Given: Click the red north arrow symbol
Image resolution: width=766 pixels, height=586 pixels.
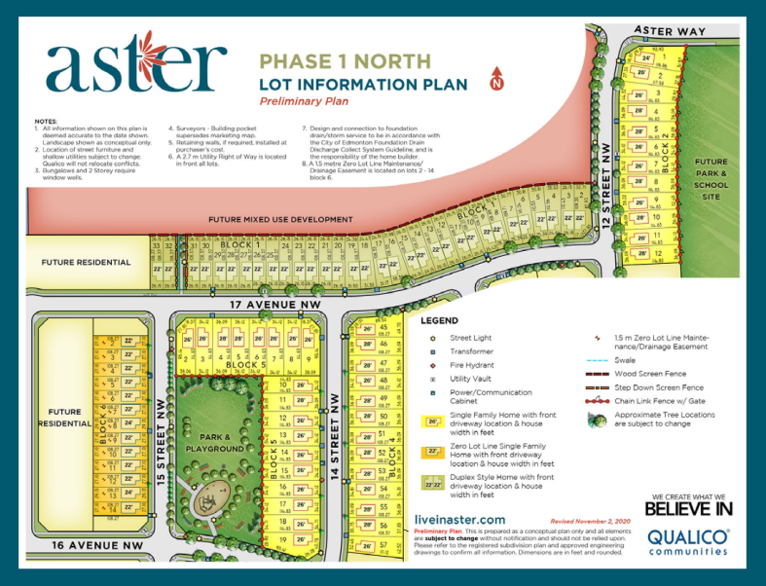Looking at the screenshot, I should pos(496,78).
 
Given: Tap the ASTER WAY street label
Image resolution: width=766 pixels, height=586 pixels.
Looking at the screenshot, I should pos(669,31).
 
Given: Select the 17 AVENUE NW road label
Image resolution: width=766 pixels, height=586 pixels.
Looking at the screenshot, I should pos(275,305).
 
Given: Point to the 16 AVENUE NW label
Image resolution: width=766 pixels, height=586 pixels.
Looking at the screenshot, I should pos(98,545).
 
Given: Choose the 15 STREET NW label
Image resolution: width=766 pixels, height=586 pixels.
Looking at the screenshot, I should pos(161,442).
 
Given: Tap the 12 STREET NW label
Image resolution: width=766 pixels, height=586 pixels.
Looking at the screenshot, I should pos(606,185).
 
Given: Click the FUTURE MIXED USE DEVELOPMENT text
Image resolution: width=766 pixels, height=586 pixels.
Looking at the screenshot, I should pos(280,219).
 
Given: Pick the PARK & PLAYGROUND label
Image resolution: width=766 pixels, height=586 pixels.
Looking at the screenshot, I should pos(214,443).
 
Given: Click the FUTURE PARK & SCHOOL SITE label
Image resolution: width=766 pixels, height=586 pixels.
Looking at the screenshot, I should pos(711,179).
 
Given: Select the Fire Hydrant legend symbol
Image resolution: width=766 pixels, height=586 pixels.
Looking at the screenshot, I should pos(433,365).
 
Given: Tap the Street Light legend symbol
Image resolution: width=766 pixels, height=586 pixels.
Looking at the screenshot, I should pos(433,338).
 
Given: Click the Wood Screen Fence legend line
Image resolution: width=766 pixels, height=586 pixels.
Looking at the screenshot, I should pos(597,374).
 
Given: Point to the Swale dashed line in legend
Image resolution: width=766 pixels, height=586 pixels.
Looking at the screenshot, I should pos(597,360).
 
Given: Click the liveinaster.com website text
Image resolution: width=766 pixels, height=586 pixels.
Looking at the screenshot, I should pos(459,520).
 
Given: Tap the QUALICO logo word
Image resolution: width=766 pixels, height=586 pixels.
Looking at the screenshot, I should pos(688,537).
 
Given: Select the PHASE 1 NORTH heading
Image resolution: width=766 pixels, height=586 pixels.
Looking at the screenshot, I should pos(345,61).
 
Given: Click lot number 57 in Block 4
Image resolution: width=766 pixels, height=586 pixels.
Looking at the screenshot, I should pos(384,544).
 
